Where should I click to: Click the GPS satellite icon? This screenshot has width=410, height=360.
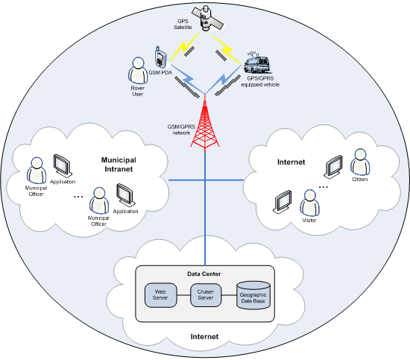click(207, 18)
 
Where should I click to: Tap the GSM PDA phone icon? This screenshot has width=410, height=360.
click(160, 57)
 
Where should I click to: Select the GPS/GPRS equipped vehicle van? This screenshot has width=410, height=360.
click(256, 64)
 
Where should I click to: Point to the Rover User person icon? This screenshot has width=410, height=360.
click(138, 71)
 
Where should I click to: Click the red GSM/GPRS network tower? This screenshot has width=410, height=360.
click(205, 123)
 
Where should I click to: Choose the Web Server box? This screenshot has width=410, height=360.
click(160, 295)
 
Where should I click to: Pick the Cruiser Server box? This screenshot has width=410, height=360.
click(206, 295)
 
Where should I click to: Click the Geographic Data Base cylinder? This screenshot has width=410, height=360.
click(253, 295)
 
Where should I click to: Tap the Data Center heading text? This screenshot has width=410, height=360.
click(204, 274)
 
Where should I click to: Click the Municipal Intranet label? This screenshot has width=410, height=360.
click(119, 165)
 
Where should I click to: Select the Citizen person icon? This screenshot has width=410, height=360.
click(360, 162)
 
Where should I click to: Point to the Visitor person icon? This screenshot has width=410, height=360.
click(309, 203)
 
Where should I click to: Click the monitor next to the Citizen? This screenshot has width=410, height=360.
click(333, 166)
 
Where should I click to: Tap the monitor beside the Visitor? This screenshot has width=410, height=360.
click(283, 201)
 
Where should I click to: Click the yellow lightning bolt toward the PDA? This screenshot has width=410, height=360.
click(184, 47)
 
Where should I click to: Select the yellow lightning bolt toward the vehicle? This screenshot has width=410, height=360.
click(227, 49)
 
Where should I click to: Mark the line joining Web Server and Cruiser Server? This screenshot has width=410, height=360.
click(183, 295)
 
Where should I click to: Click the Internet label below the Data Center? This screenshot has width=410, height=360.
click(204, 336)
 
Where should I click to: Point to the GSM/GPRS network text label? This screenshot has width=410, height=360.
click(181, 130)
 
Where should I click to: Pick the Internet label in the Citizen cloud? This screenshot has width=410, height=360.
click(291, 162)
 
